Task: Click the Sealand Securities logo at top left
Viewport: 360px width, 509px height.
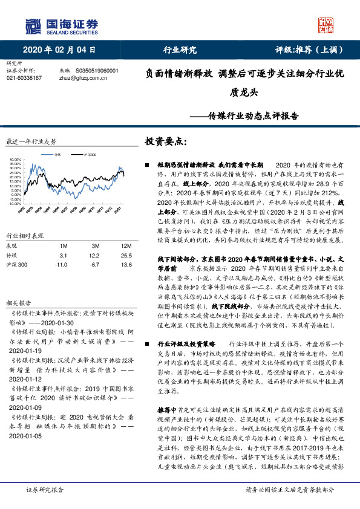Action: coord(61,25)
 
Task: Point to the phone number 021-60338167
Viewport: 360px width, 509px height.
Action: coord(24,78)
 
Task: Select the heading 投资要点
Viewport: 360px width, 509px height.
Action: coord(165,142)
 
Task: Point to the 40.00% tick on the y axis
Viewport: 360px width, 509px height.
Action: coord(15,160)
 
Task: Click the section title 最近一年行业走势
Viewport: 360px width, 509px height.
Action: coord(31,141)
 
